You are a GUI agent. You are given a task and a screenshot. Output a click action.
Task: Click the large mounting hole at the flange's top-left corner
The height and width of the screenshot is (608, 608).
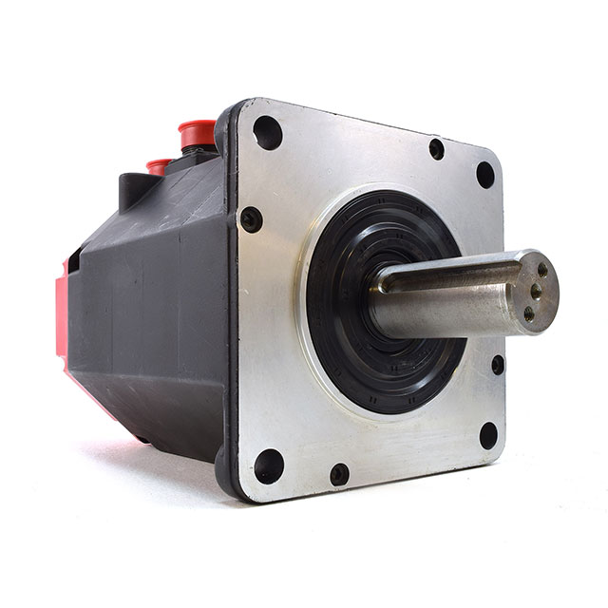tap(268, 132)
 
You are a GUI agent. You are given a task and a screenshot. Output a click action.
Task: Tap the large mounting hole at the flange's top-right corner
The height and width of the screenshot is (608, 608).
tap(484, 175)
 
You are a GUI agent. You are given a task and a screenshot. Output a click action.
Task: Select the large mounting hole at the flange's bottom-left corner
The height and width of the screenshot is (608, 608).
tap(269, 465)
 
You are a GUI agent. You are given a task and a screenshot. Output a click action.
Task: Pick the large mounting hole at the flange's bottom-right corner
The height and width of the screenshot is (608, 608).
tap(488, 436)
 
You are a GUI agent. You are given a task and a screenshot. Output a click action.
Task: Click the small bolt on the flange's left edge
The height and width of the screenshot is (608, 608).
tap(251, 219)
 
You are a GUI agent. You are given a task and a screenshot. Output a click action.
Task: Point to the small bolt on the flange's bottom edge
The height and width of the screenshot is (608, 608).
tap(339, 473)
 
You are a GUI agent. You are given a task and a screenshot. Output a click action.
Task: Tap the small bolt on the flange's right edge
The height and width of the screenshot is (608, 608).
tap(497, 364)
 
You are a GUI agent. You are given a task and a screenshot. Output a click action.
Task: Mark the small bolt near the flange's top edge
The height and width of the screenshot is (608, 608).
tap(436, 148)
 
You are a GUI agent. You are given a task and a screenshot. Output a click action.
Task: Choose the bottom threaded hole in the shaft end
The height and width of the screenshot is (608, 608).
tap(529, 310)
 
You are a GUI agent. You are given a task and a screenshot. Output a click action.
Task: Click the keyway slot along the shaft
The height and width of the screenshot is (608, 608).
tap(446, 275)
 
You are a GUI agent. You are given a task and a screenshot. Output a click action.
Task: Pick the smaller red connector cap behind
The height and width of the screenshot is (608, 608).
tap(159, 165)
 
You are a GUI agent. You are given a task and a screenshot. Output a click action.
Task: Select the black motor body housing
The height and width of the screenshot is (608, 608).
tap(152, 313)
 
